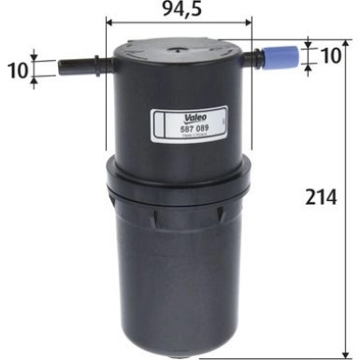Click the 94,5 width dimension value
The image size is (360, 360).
(180, 11)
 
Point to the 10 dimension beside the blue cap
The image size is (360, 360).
(329, 55)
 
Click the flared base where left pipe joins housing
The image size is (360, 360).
(105, 66)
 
